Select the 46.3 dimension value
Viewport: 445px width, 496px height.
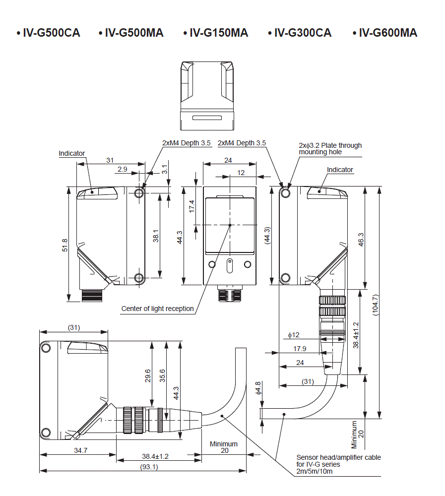click(361, 239)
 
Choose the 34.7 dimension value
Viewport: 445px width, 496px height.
click(77, 450)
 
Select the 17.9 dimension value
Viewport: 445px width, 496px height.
click(300, 349)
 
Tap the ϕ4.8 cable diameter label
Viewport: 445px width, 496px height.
click(257, 387)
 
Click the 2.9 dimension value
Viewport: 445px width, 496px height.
click(122, 169)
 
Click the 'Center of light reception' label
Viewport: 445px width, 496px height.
click(157, 309)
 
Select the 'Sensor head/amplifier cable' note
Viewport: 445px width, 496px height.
click(338, 457)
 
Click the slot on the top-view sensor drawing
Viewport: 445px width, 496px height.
click(207, 118)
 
